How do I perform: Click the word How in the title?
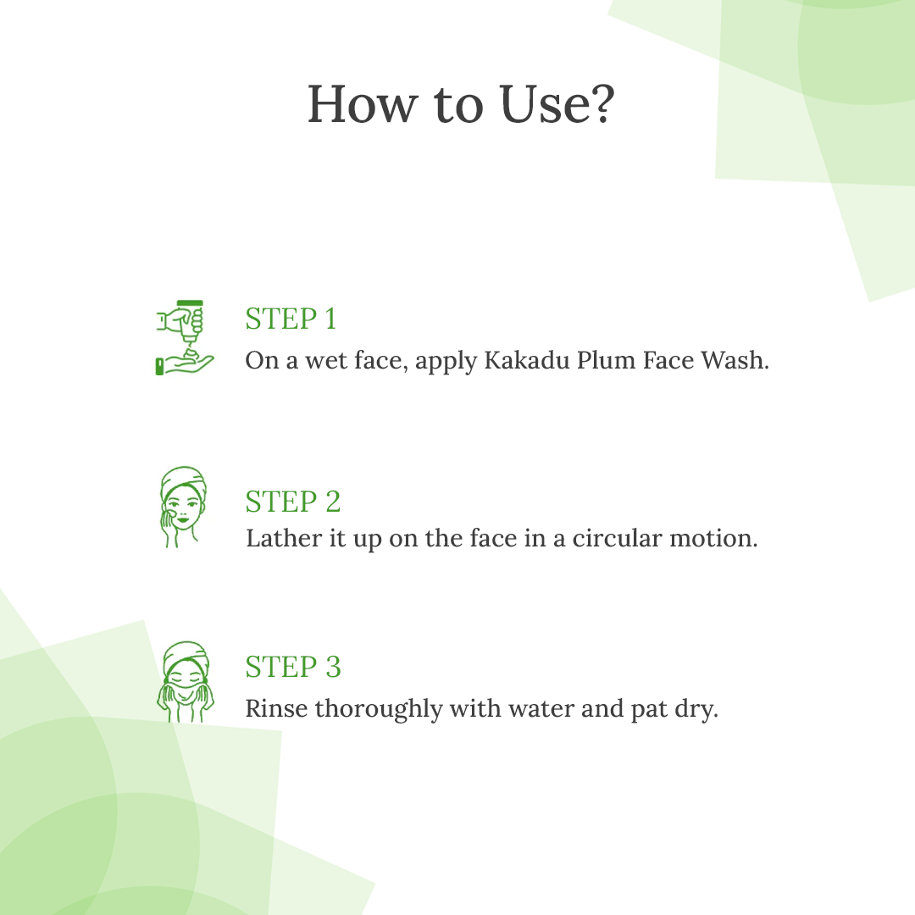(x=363, y=104)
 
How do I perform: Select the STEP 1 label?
(x=291, y=319)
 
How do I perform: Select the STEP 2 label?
(x=293, y=502)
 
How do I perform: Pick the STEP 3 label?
(x=293, y=667)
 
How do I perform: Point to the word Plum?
(x=607, y=361)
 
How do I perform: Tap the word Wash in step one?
(x=735, y=360)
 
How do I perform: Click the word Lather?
(x=284, y=537)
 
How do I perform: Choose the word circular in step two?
(x=618, y=537)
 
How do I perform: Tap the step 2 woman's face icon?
(x=183, y=507)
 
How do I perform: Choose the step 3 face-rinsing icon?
(x=186, y=681)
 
